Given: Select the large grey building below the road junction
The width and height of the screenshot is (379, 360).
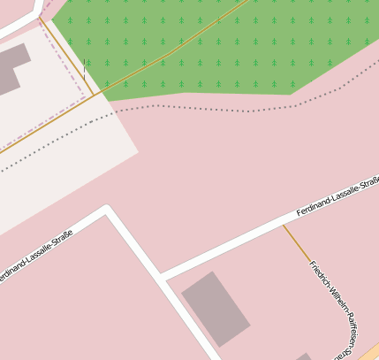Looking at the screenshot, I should coord(216,308).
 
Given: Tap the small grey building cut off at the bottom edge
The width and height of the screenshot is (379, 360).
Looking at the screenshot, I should coord(303,356).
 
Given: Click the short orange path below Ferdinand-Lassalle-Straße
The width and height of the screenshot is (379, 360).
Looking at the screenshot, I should coord(296,242).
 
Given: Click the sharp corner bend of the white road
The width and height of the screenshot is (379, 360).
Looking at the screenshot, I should coord(107,210).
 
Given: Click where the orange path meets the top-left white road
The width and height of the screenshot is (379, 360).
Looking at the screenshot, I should coord(39,17).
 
